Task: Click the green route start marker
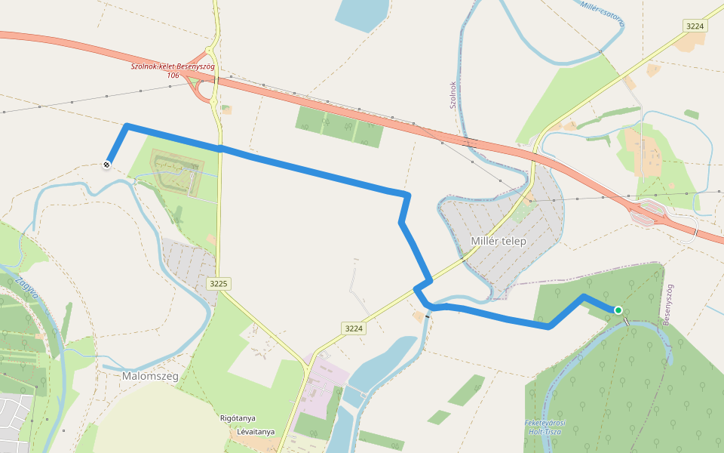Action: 618,310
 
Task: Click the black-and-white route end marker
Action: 108,163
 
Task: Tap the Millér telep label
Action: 498,241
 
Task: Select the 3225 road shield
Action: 219,284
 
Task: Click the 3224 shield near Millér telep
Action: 353,328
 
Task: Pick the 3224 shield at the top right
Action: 695,26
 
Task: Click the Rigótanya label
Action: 240,418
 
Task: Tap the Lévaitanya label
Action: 255,433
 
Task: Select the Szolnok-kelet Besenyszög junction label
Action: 173,66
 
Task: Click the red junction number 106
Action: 173,75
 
